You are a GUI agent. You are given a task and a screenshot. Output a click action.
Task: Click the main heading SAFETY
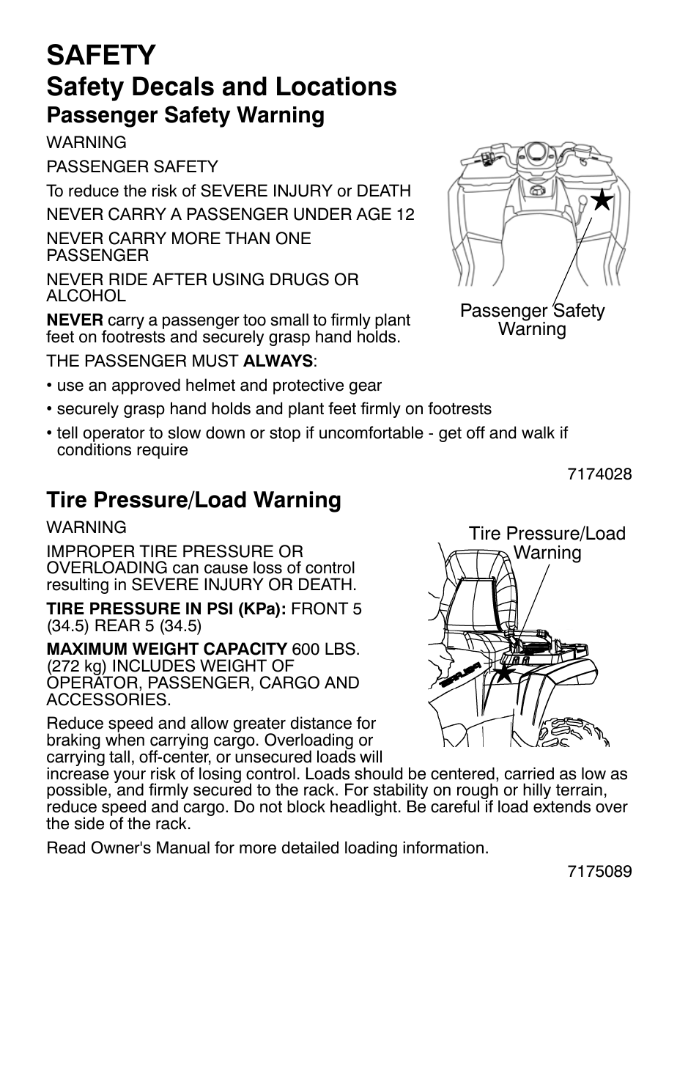pos(101,55)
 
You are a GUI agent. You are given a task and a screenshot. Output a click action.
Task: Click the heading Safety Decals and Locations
pos(221,87)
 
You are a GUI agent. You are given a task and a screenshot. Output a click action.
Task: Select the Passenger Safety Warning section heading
pos(185,115)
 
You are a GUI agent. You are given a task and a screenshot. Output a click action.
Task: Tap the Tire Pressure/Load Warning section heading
pos(193,500)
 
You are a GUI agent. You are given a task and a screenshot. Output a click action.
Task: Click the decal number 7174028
pos(599,474)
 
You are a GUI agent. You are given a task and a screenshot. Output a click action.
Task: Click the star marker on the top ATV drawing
pos(602,199)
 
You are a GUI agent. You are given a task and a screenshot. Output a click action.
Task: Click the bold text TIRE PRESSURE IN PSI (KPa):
pos(166,609)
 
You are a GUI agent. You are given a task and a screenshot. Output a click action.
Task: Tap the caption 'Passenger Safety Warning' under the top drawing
pos(532,320)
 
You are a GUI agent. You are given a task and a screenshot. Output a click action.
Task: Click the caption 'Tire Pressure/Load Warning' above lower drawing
pos(547,543)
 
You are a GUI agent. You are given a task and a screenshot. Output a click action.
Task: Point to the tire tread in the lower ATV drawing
pos(575,729)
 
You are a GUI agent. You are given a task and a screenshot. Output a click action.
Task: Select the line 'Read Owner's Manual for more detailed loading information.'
pos(267,848)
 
